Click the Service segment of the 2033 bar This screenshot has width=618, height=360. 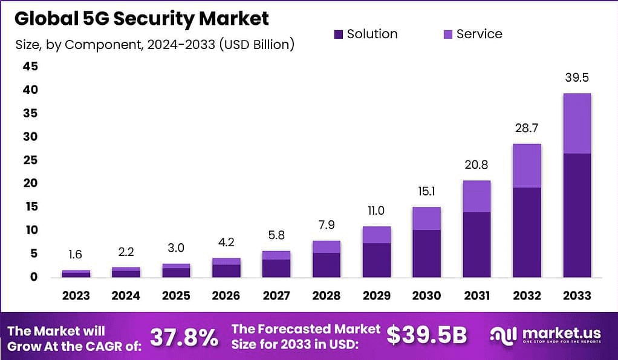(576, 123)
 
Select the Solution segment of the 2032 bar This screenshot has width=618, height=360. (527, 232)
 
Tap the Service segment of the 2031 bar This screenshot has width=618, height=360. (477, 196)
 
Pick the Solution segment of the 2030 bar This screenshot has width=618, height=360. (427, 253)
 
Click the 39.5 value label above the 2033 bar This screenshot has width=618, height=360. (576, 78)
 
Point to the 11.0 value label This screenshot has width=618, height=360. (377, 211)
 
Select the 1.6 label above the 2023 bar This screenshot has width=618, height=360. (76, 255)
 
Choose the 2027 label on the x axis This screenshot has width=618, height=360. (276, 296)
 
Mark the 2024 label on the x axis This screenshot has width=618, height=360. (126, 296)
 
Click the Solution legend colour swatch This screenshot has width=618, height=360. (338, 34)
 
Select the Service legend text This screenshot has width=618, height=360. (479, 34)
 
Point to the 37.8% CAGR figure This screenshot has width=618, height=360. (184, 337)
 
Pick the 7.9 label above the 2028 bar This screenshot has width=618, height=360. (327, 226)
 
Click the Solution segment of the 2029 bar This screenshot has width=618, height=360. (377, 260)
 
